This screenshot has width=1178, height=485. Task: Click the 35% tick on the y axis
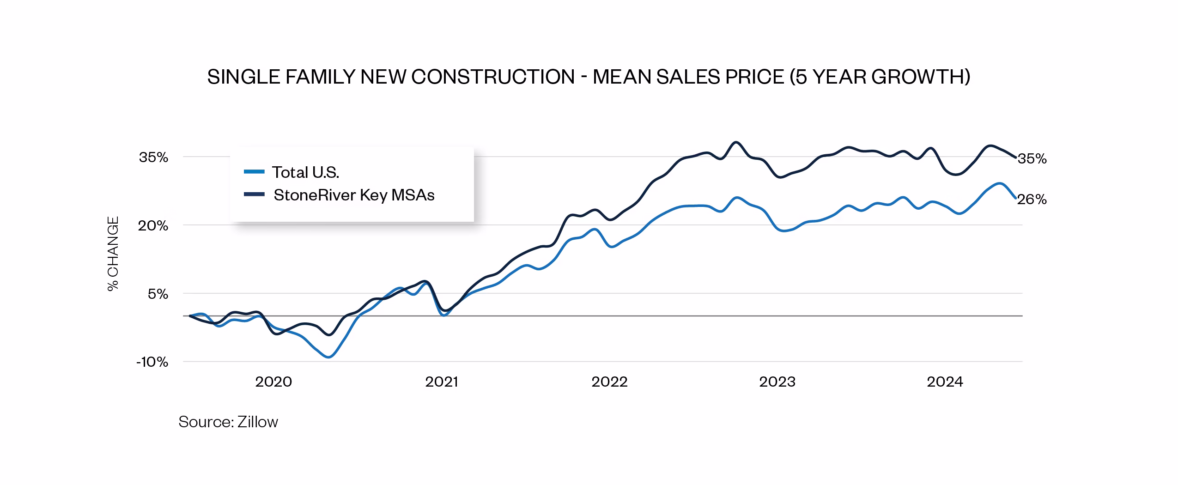[153, 158]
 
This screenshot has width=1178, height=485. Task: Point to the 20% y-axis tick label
[153, 226]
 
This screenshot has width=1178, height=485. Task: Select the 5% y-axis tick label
[158, 294]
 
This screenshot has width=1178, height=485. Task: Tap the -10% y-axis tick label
[152, 362]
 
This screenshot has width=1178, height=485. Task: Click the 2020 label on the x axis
[273, 382]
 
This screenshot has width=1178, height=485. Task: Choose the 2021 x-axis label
[441, 382]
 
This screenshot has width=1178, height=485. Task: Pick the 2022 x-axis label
[609, 382]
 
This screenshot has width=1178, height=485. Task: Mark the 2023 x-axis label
[777, 382]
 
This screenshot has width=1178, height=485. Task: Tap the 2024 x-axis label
[945, 382]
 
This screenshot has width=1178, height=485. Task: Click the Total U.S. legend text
[305, 172]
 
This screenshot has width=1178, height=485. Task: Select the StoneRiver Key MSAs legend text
[354, 195]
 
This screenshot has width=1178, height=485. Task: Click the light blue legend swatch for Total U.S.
[254, 172]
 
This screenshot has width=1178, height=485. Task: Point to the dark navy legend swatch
[254, 194]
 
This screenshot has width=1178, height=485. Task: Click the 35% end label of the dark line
[1032, 159]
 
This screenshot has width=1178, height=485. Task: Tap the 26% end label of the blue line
[1032, 200]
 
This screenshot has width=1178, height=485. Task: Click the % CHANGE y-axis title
[113, 254]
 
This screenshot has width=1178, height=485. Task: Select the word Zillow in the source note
[257, 422]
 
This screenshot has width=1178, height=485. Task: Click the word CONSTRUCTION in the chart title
[492, 77]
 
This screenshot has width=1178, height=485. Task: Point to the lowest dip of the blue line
[328, 357]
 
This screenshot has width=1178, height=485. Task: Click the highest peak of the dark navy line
[736, 142]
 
